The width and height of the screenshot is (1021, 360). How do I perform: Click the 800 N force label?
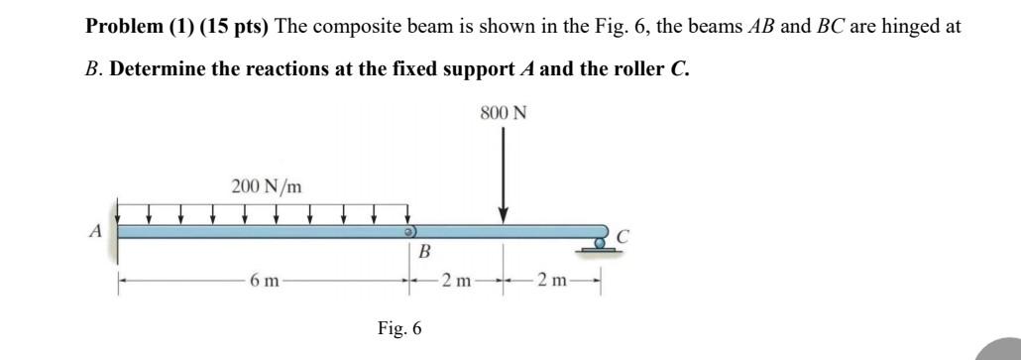[x=504, y=113]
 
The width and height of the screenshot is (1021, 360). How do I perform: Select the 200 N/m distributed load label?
[x=267, y=185]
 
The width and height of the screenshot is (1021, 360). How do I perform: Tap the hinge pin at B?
[x=406, y=231]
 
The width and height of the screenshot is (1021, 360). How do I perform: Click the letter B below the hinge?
[x=424, y=253]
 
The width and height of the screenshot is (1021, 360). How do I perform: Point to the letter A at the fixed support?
[x=96, y=231]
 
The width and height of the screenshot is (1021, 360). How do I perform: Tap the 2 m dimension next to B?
[x=456, y=282]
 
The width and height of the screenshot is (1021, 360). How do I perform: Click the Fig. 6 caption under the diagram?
[x=399, y=328]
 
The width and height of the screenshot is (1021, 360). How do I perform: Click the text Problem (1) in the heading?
[x=140, y=26]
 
